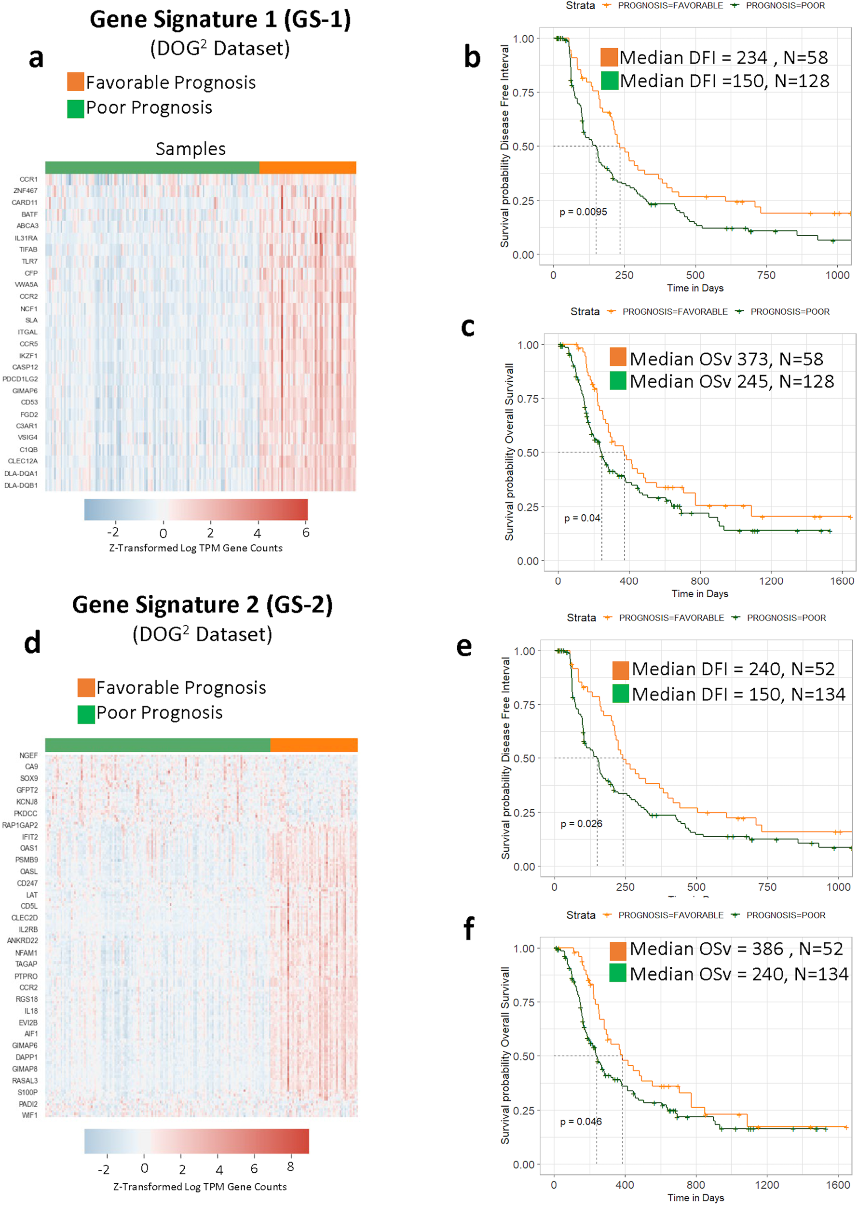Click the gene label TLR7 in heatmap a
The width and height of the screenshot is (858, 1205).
[x=29, y=261]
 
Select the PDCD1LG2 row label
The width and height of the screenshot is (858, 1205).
[x=20, y=378]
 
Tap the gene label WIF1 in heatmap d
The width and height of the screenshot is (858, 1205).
[x=29, y=1115]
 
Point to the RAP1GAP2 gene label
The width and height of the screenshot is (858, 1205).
[x=20, y=825]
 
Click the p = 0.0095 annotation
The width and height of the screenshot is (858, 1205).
[x=583, y=212]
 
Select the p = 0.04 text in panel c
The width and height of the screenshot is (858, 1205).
[x=582, y=518]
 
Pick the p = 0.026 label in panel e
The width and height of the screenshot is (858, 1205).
[x=581, y=823]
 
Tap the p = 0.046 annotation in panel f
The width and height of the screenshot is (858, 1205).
[x=581, y=1121]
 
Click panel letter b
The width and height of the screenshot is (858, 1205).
[x=472, y=57]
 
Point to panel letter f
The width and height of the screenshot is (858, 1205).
[x=468, y=928]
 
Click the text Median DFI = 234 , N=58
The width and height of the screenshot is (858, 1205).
[x=723, y=57]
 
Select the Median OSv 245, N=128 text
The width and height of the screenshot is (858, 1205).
[x=731, y=381]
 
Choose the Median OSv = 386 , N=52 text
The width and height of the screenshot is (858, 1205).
[x=736, y=949]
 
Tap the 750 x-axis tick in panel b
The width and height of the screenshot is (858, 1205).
[x=766, y=275]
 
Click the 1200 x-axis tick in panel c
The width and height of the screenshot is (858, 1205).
[x=771, y=581]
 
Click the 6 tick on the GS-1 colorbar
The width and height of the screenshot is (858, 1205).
[x=305, y=532]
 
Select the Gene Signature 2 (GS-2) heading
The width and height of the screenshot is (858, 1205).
[x=203, y=604]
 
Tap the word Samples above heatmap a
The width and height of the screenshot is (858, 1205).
[x=190, y=149]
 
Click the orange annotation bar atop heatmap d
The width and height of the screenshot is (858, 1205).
[x=314, y=745]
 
